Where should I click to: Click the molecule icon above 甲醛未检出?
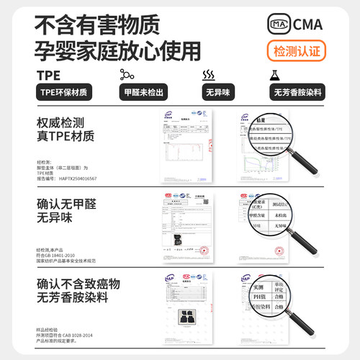click(127, 75)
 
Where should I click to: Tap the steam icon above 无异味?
click(209, 75)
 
